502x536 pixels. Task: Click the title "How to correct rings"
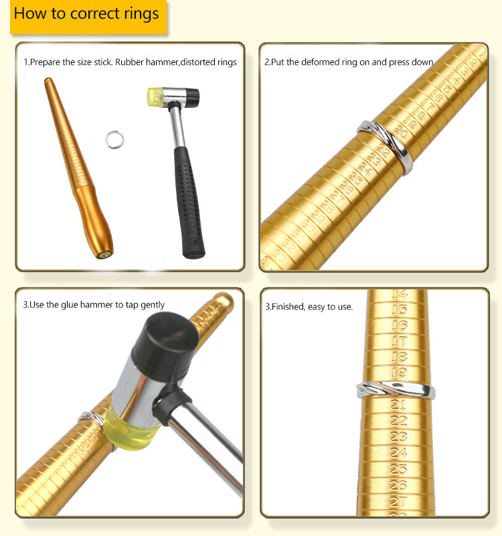coord(86,14)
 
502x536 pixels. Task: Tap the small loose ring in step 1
coord(115,139)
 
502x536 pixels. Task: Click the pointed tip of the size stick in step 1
coord(47,81)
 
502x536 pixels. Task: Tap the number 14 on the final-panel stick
coord(400,294)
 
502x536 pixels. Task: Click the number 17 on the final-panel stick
coord(400,340)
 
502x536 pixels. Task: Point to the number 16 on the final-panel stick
coord(400,325)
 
